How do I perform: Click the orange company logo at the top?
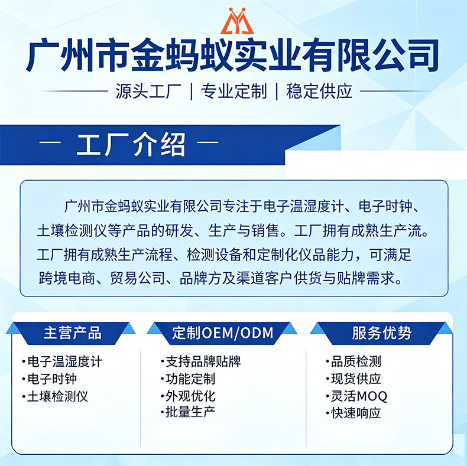237,21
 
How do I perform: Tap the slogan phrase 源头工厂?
148,91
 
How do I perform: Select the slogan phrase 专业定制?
234,91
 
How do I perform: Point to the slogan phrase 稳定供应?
319,91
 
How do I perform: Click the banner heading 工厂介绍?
131,144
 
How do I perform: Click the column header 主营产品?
73,333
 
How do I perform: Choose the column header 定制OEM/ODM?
222,333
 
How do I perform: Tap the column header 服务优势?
381,333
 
